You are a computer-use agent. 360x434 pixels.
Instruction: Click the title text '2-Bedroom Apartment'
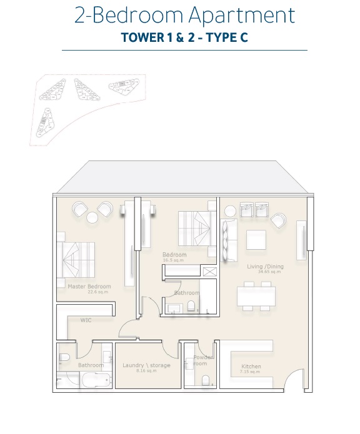pos(184,15)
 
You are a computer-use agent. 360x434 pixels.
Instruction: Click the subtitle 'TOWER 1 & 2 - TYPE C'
pos(184,37)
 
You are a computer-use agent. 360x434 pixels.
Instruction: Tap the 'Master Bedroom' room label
pos(89,287)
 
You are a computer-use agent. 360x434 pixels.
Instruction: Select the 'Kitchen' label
pos(251,367)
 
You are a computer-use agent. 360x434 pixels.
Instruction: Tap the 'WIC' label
pos(86,320)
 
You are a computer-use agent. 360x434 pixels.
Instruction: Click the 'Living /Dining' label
pos(265,267)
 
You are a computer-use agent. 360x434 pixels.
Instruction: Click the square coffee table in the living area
pos(257,240)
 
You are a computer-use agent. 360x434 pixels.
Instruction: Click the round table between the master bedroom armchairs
pos(92,217)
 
